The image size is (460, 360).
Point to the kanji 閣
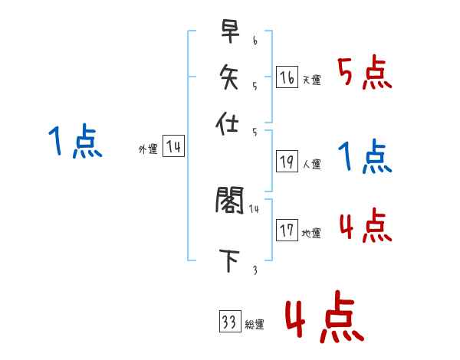229,201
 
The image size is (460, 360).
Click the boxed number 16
287,77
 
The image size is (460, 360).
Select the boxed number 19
287,162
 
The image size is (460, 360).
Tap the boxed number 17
287,231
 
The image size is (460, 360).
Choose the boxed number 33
229,322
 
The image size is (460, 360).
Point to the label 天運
311,80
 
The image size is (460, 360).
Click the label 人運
311,164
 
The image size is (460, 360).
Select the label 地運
311,234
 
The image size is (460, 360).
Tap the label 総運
255,325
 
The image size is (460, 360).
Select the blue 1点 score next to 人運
365,157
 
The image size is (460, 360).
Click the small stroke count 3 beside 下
255,270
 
